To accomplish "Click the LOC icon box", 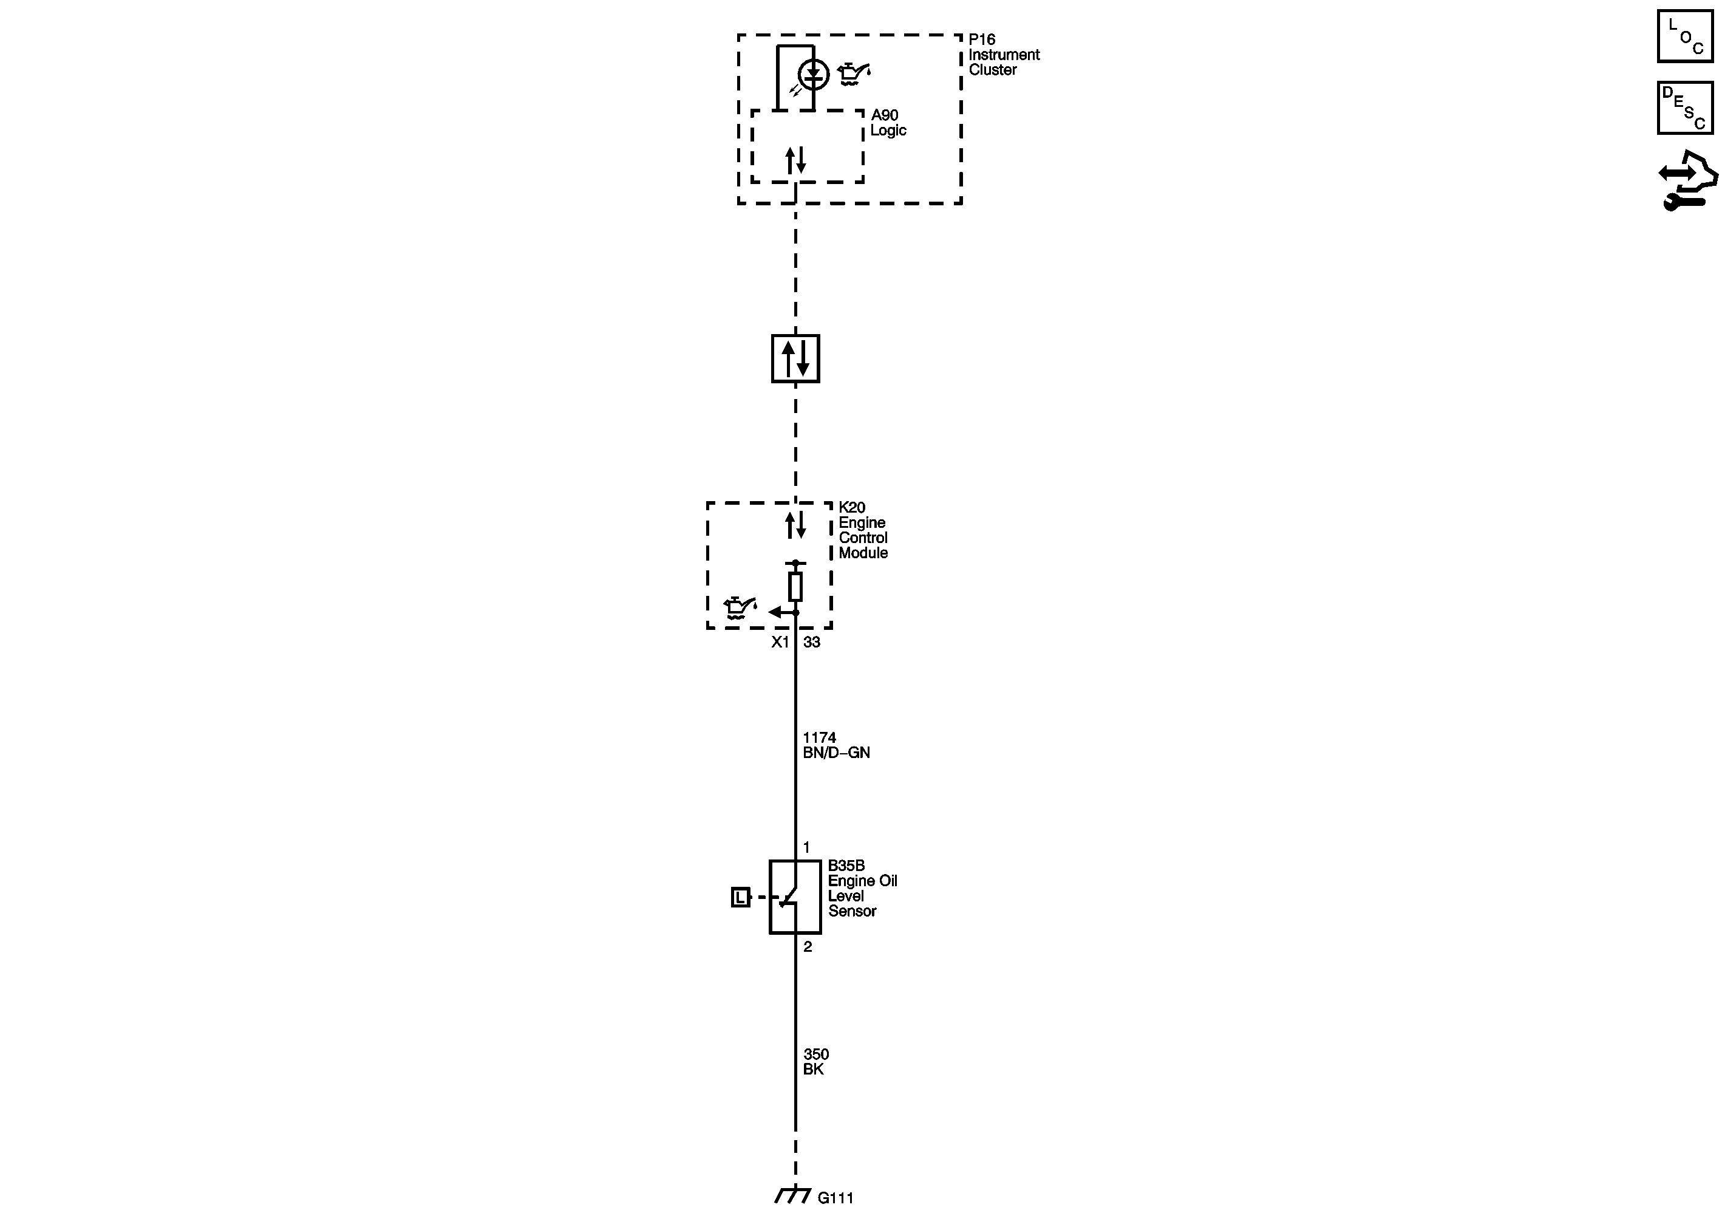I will [1684, 36].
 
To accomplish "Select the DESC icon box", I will [1684, 108].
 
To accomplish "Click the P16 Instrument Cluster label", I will [1002, 55].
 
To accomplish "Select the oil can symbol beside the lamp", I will [854, 73].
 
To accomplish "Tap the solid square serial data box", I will [795, 358].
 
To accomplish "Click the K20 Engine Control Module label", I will [862, 530].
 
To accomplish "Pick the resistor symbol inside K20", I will [795, 587].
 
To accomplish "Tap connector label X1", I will [780, 642].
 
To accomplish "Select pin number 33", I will [811, 642].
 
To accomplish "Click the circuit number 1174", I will [819, 738].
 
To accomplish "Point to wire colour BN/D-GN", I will [835, 753].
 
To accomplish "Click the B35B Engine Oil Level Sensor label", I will [862, 889].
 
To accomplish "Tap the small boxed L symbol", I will [740, 897].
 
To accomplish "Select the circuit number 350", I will [816, 1054].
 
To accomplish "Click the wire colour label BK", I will [813, 1070].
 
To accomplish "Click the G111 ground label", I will [835, 1198].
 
